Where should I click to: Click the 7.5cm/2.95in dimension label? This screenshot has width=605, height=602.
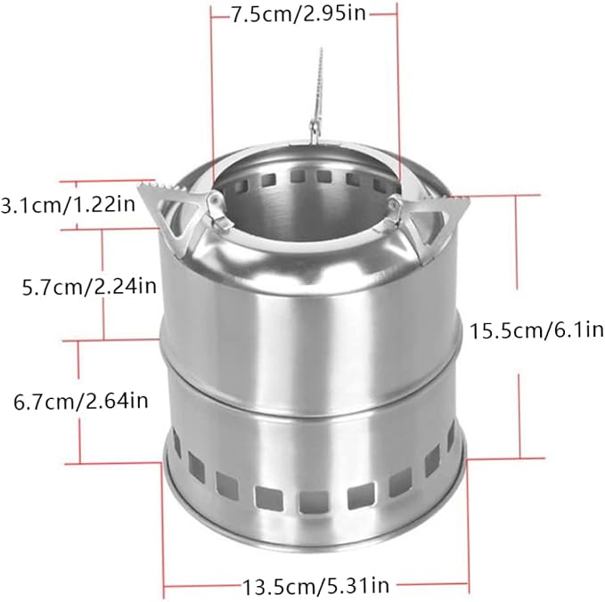point(298,14)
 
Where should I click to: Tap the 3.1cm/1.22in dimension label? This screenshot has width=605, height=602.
point(68,205)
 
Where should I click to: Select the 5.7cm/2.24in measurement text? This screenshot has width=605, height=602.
point(89,286)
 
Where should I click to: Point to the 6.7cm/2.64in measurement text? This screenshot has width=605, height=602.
point(81,401)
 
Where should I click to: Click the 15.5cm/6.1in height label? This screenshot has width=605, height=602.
point(536,330)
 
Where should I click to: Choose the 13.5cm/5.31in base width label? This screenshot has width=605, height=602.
point(315,586)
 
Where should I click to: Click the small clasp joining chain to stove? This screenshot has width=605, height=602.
point(315,129)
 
